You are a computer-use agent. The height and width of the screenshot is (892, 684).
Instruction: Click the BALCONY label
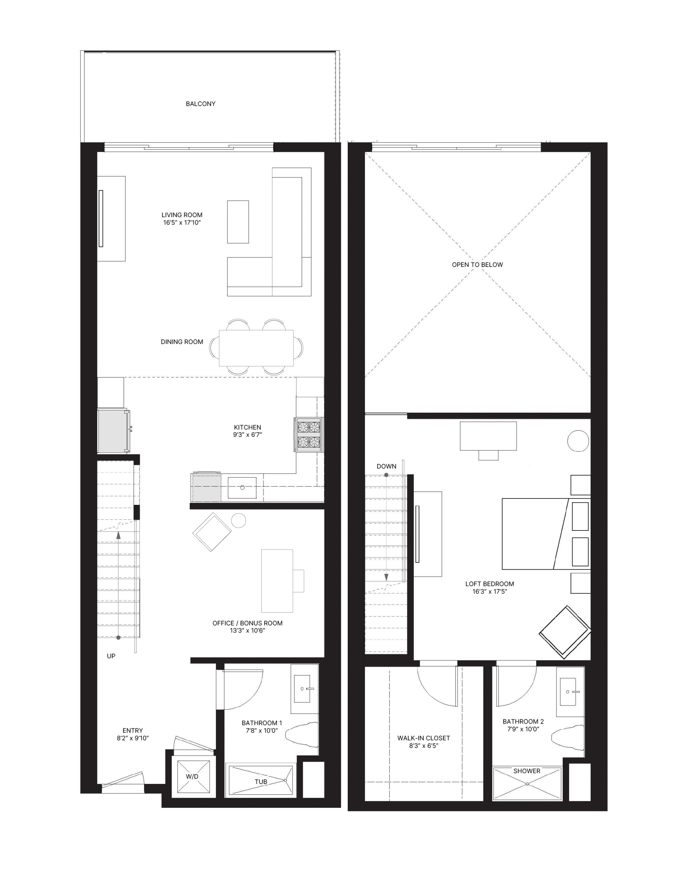coord(200,104)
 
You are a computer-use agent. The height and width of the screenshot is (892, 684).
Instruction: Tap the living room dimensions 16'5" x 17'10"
coord(182,223)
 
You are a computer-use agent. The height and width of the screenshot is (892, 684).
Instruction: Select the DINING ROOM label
coord(182,342)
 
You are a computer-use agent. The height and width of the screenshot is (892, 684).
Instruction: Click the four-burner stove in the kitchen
coord(309,435)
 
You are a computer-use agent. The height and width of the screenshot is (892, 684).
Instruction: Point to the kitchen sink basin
coord(242,488)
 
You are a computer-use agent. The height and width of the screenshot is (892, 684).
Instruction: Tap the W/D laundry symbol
coord(192,776)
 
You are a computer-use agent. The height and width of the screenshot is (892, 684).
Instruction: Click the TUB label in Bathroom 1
coord(261,781)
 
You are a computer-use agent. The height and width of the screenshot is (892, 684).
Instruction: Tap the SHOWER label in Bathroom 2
coord(526,771)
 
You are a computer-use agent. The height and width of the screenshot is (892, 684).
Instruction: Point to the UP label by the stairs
coord(111,656)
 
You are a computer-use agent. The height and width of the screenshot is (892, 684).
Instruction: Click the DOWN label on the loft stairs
coord(386,466)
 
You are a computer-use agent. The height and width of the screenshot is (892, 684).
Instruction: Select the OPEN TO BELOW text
coord(477,265)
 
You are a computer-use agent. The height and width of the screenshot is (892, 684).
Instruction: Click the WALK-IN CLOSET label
coord(423,738)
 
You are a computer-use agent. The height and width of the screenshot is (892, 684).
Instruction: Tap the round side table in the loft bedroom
coord(578,441)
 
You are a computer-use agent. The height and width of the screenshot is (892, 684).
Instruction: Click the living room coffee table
coord(238,222)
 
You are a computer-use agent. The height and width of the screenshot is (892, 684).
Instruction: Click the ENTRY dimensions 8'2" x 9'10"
coord(133,738)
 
